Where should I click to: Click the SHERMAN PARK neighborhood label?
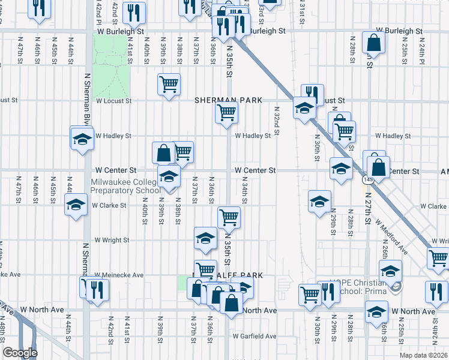coord(228,101)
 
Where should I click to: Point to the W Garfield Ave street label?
coord(255,337)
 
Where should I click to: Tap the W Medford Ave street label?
coord(391,237)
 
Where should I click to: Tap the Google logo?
coord(20,353)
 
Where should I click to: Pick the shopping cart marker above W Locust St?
coord(169,83)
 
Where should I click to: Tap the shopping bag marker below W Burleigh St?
coord(373,43)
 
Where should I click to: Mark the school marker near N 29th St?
coord(319,201)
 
